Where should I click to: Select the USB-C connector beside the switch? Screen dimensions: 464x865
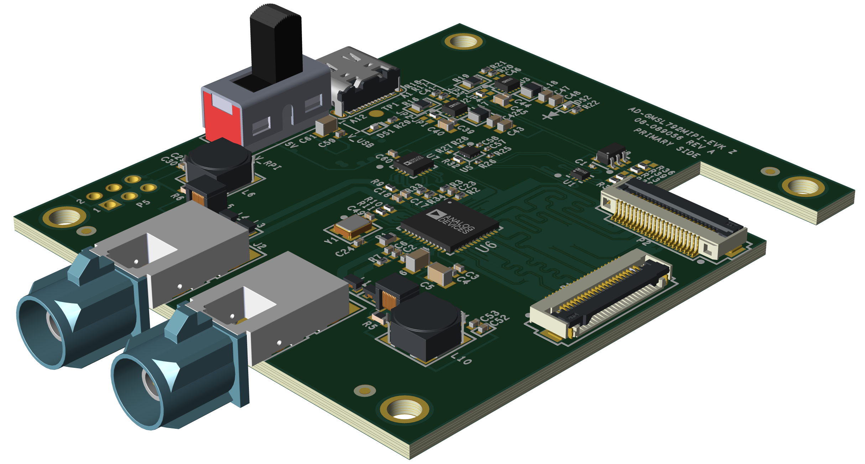[x=363, y=82]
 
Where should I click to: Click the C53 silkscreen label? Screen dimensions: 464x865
[x=490, y=316]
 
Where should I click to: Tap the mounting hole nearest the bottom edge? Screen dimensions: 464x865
[x=404, y=410]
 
